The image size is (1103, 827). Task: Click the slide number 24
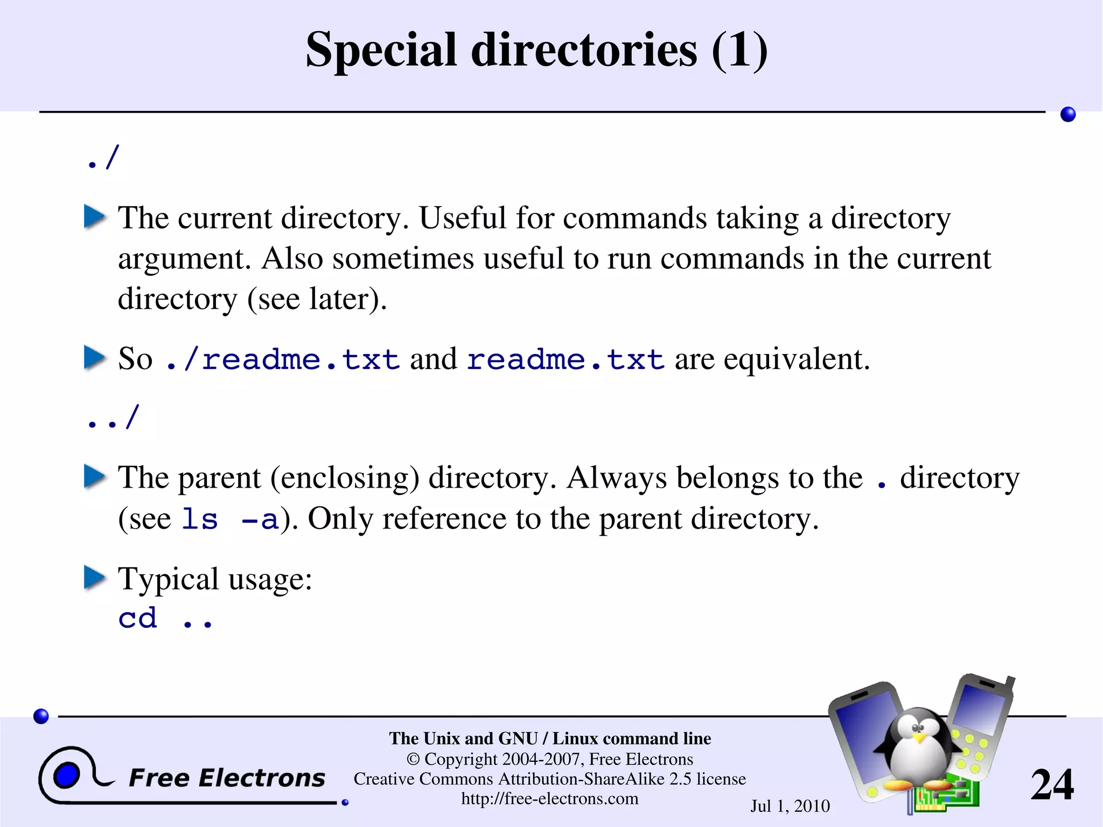[1051, 785]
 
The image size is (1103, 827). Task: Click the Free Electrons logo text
[227, 778]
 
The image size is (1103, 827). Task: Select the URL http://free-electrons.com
[549, 798]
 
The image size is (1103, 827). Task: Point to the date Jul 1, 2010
[790, 806]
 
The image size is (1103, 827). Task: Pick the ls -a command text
[230, 519]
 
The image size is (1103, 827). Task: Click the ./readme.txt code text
[283, 359]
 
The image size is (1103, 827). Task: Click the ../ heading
[113, 418]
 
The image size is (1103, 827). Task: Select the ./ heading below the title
[102, 158]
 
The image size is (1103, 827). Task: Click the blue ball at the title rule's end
[1067, 114]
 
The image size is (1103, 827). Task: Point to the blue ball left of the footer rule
[41, 716]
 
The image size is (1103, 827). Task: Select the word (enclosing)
[345, 478]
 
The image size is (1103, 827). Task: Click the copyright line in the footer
[549, 759]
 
